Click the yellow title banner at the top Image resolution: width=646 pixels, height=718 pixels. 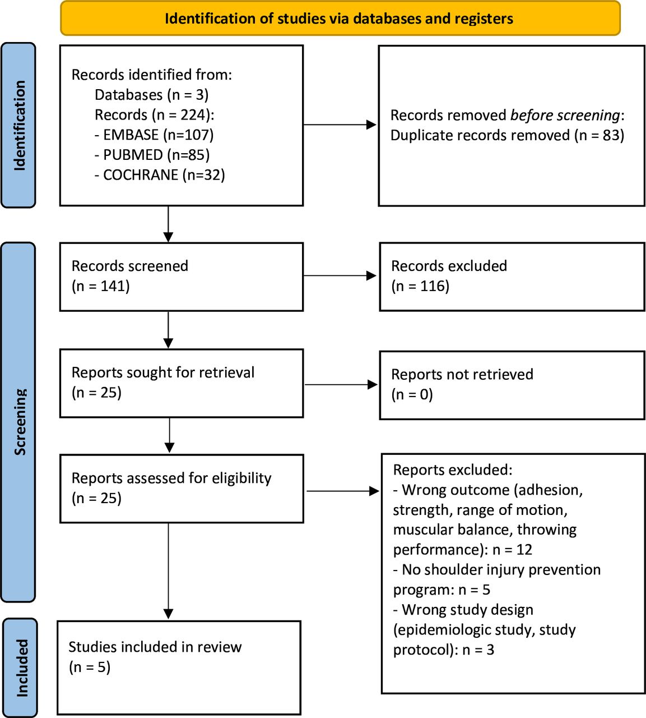340,19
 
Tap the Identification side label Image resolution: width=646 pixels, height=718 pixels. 19,125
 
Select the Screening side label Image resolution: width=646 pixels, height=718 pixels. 19,421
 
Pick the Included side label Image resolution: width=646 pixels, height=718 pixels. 21,668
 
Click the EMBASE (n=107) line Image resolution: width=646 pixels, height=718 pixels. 154,135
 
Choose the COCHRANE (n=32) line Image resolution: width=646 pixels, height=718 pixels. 160,175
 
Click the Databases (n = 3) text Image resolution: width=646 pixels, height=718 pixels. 151,95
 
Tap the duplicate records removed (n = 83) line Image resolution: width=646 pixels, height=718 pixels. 506,135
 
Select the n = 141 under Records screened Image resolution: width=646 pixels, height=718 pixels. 101,286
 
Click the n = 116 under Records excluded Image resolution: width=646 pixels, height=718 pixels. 420,286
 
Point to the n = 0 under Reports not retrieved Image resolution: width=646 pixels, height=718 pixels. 412,394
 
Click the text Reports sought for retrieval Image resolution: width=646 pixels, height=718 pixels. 162,372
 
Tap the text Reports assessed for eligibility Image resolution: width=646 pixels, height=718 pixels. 171,478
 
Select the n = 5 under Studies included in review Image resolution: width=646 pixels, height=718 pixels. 90,667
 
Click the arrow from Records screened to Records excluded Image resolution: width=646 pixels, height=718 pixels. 341,275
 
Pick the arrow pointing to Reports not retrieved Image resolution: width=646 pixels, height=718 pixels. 341,384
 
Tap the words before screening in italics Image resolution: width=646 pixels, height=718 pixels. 565,115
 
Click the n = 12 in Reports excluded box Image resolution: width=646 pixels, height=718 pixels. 512,550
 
